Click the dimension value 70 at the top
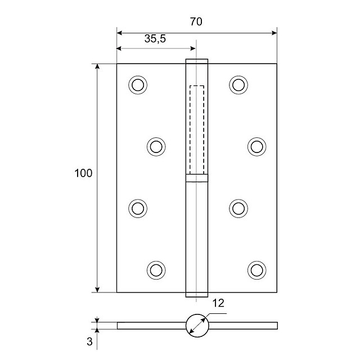(196, 22)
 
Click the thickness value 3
(89, 340)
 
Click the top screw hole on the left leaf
(137, 84)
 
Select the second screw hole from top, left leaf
(156, 146)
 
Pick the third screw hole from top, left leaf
(137, 208)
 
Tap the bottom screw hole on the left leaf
(156, 269)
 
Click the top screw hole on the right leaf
(238, 84)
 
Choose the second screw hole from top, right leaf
(256, 146)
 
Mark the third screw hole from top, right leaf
(238, 208)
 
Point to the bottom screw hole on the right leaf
(256, 269)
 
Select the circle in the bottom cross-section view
(197, 325)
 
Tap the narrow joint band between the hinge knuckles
(197, 179)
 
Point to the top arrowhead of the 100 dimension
(97, 67)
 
